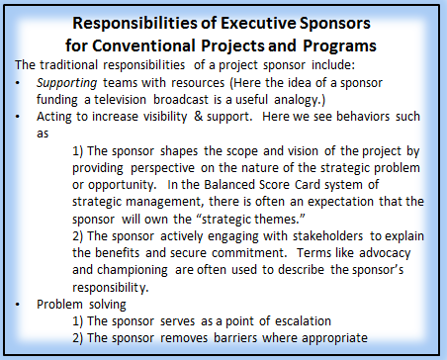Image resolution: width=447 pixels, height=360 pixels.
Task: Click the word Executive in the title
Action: coord(258,23)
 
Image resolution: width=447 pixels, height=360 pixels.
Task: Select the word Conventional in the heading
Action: coord(143,45)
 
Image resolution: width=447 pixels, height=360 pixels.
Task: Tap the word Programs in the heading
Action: coord(339,46)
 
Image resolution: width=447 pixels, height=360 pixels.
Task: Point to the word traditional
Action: coord(69,64)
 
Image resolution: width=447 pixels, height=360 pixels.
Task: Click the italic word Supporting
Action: coord(66,83)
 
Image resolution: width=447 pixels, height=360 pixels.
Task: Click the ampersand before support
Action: coord(199,116)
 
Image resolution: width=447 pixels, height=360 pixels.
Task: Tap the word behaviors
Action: coord(363,116)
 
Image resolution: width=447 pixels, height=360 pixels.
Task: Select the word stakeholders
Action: coord(327,236)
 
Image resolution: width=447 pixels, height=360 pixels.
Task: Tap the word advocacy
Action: coord(385,253)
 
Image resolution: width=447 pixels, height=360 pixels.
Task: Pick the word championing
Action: coord(133,270)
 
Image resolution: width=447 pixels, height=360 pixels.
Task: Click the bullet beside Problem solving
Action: coord(18,305)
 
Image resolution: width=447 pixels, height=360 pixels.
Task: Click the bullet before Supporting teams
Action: coord(18,83)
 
